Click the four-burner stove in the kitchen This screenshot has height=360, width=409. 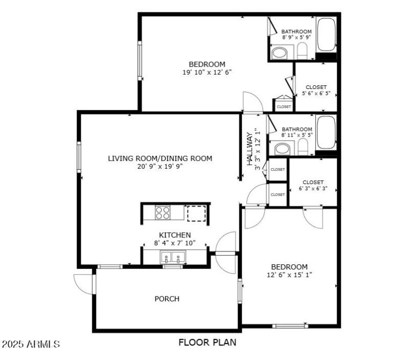pyautogui.click(x=163, y=212)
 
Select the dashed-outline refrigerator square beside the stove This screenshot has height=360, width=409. pyautogui.click(x=196, y=213)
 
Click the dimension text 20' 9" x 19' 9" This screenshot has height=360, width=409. pyautogui.click(x=160, y=166)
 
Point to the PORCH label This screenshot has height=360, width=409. pyautogui.click(x=167, y=299)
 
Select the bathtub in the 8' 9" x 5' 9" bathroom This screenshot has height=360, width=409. pyautogui.click(x=326, y=34)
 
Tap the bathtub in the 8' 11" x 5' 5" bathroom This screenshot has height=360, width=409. pyautogui.click(x=326, y=132)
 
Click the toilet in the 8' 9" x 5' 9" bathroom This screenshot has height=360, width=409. pyautogui.click(x=302, y=51)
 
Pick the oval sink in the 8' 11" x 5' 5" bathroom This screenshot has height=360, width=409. pyautogui.click(x=282, y=149)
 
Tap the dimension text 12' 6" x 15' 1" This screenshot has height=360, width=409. pyautogui.click(x=289, y=275)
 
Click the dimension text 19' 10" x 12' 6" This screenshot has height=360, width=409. pyautogui.click(x=207, y=72)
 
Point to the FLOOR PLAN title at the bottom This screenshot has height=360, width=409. pyautogui.click(x=207, y=342)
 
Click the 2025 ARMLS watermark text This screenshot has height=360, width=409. pyautogui.click(x=31, y=344)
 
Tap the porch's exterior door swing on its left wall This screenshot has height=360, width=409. pyautogui.click(x=83, y=284)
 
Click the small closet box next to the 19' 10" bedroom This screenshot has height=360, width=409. pyautogui.click(x=284, y=106)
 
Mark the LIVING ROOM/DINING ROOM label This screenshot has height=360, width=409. pyautogui.click(x=160, y=158)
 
